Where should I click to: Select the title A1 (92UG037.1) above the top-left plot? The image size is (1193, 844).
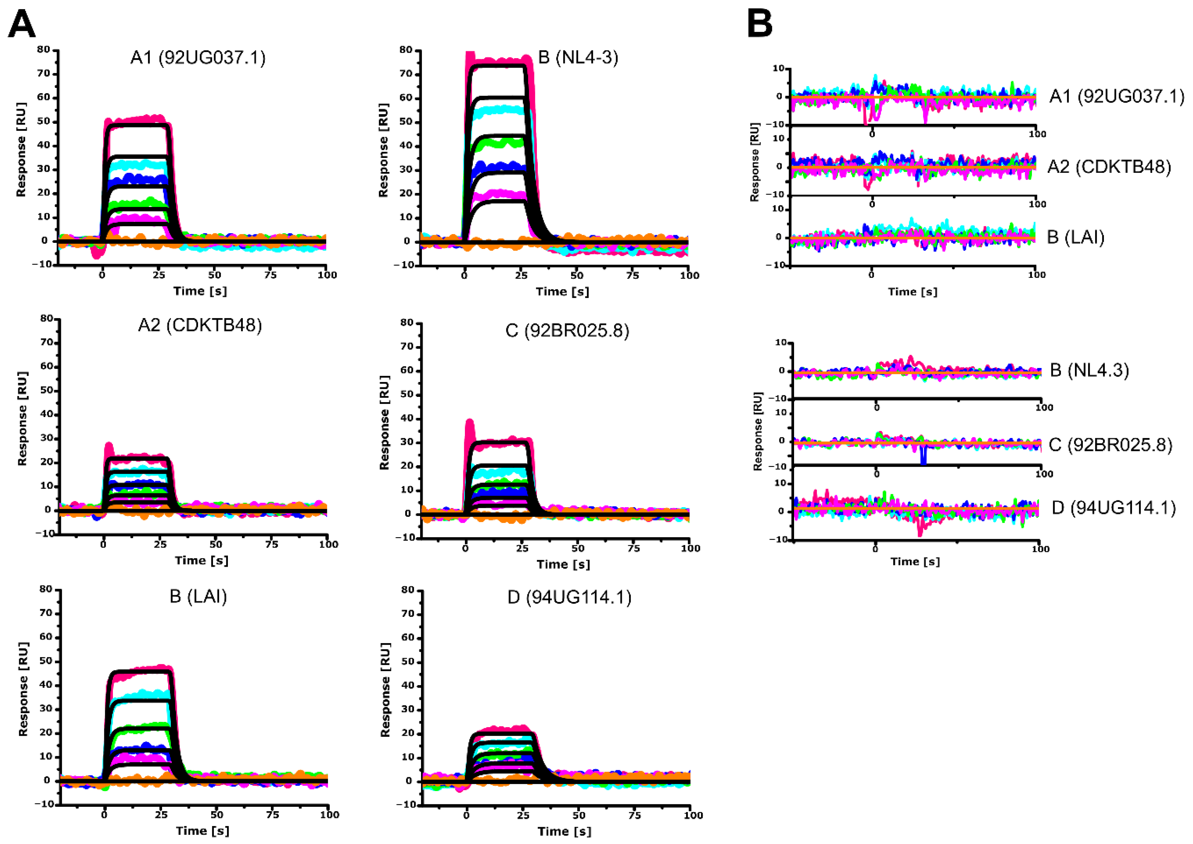tap(198, 57)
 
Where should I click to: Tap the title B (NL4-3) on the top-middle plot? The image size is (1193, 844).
tap(578, 57)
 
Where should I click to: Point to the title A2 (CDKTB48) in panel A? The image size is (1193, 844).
tap(200, 325)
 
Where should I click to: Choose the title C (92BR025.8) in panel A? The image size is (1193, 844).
tap(567, 330)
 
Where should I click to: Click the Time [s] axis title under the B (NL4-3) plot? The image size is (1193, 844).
tap(563, 292)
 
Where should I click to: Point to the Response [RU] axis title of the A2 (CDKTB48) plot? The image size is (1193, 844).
tap(22, 418)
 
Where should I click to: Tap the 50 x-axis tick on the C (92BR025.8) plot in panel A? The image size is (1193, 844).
tap(578, 548)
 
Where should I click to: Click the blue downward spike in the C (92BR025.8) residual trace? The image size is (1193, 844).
tap(923, 456)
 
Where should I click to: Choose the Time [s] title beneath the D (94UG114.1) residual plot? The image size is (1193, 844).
tap(915, 562)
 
